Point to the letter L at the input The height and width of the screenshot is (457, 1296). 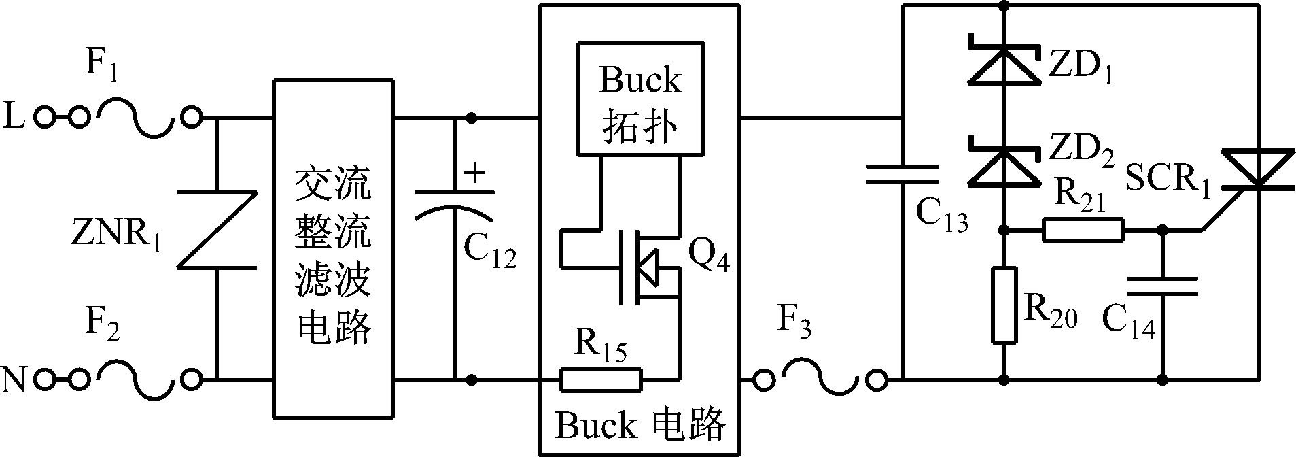15,118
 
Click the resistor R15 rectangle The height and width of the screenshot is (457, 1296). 601,379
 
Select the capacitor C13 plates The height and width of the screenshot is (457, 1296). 902,174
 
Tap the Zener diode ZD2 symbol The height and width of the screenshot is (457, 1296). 1004,163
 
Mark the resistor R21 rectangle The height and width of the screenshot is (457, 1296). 1083,231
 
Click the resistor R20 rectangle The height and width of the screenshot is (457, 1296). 1004,305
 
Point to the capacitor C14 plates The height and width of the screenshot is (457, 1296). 1163,286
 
